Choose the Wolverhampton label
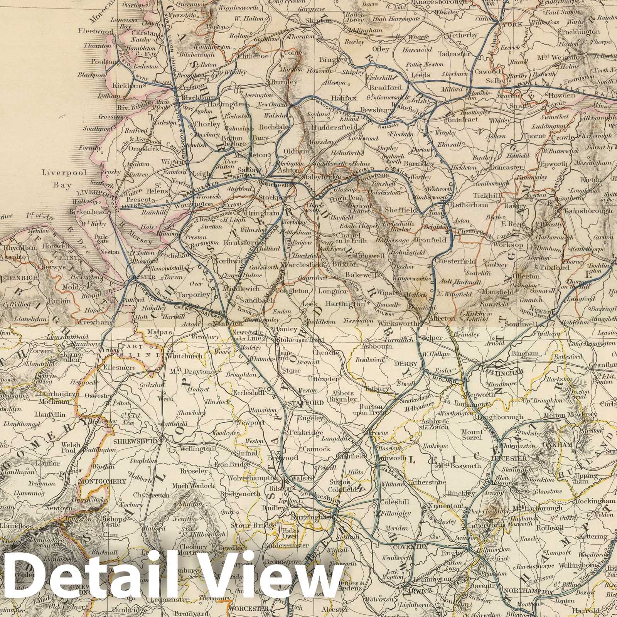click(253, 478)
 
